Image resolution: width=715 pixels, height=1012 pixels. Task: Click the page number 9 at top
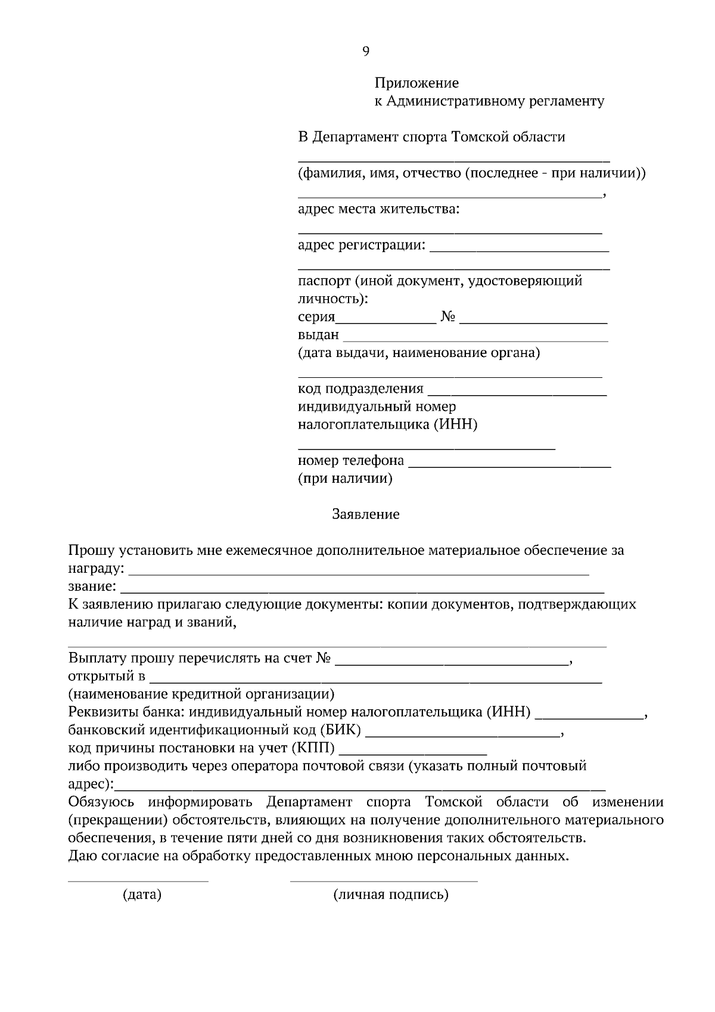365,51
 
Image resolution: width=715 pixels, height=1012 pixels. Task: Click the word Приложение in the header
416,83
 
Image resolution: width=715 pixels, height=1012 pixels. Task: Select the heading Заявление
365,514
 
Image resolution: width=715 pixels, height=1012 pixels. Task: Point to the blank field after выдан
475,339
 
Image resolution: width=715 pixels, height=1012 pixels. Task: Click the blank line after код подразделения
517,393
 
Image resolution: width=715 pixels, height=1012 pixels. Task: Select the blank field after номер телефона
510,465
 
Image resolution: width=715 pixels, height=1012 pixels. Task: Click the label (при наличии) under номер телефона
345,479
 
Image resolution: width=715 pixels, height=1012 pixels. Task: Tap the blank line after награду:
359,572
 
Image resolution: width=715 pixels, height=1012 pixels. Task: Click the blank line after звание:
362,591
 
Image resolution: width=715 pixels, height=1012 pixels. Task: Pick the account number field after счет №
452,662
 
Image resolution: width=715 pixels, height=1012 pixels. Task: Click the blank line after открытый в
375,680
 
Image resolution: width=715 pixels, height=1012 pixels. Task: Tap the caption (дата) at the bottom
142,895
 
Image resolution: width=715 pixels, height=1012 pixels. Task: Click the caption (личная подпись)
391,895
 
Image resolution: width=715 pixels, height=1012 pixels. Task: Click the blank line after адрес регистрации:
518,250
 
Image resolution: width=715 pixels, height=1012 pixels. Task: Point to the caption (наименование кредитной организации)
201,694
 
